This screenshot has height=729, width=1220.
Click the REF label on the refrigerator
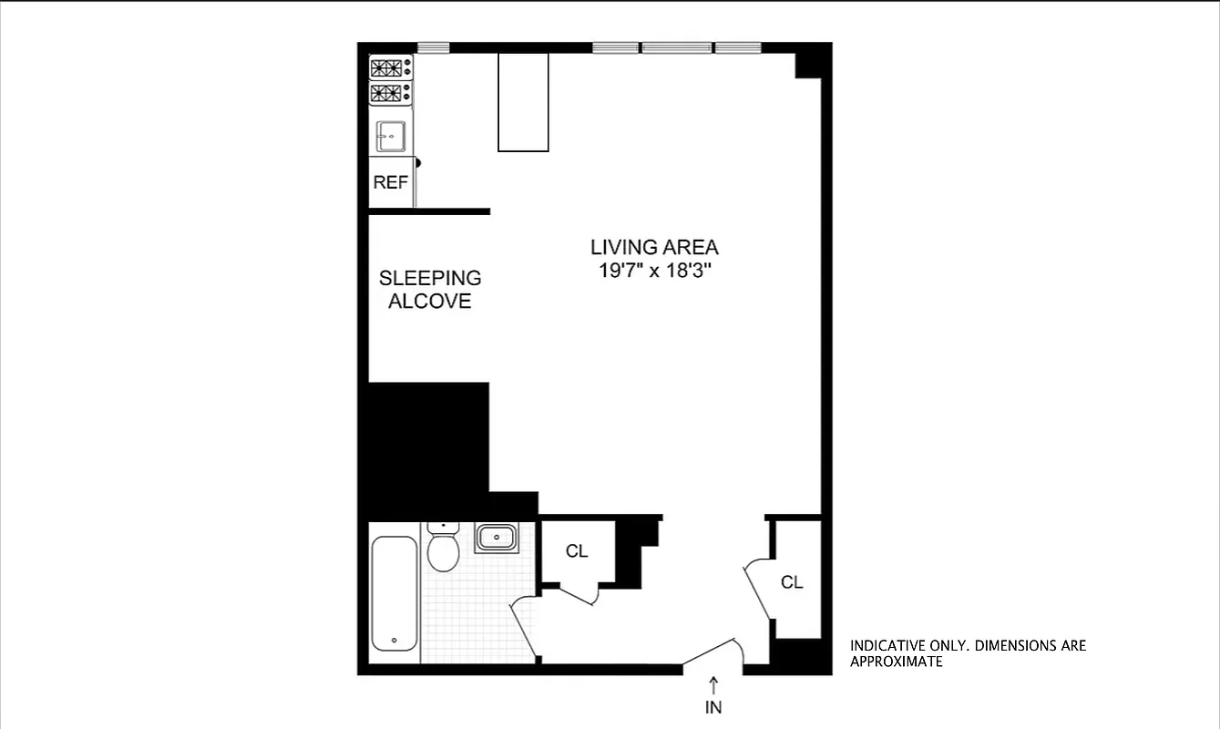tap(390, 182)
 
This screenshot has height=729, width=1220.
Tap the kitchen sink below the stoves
tap(391, 136)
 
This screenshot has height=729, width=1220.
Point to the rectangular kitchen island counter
tap(523, 101)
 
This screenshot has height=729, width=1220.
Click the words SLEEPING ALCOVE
tap(430, 290)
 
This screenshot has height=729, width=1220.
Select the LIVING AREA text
tap(653, 247)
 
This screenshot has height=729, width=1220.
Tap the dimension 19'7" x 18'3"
tap(653, 271)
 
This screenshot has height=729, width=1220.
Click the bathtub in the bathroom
tap(395, 593)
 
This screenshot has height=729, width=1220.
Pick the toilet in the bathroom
tap(443, 547)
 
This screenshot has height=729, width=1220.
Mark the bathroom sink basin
tap(497, 538)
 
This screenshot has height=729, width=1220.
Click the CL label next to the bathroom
tap(576, 551)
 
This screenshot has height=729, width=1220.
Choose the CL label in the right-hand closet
tap(792, 582)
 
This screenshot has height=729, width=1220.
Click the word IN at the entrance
tap(713, 706)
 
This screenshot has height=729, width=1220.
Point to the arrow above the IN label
tap(713, 683)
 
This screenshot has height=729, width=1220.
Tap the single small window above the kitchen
tap(434, 47)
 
